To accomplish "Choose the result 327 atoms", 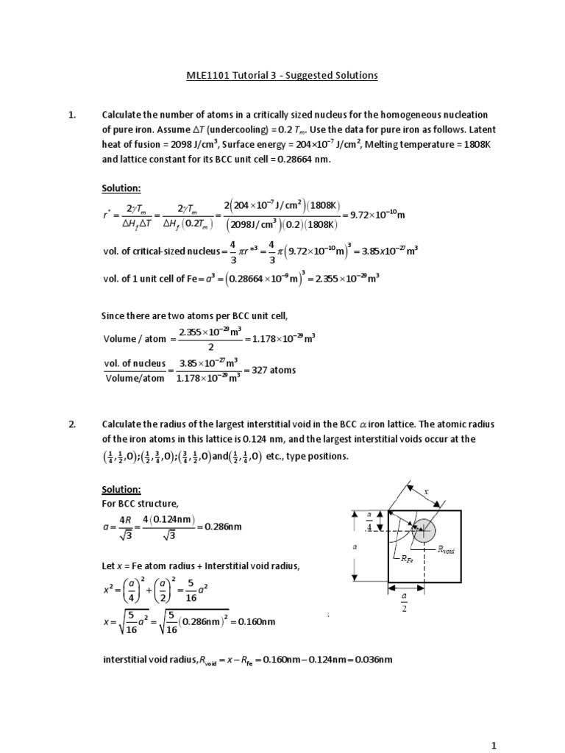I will coord(274,370).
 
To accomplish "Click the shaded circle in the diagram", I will coord(424,531).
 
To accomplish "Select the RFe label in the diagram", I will coord(407,559).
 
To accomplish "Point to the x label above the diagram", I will coord(424,491).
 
